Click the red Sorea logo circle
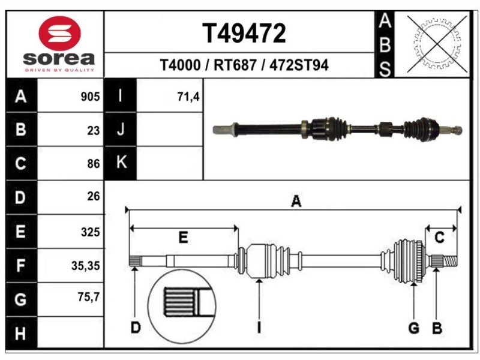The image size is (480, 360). (59, 33)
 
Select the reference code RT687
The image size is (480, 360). (236, 65)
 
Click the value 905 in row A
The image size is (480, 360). (89, 97)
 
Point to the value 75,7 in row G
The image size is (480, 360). (88, 298)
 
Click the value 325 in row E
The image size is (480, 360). (89, 232)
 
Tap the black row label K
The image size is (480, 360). (120, 162)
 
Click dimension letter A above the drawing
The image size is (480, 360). (296, 202)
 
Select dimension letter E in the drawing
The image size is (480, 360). (184, 238)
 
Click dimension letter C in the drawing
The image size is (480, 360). (439, 238)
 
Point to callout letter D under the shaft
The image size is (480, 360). (136, 328)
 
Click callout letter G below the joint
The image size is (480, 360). (413, 328)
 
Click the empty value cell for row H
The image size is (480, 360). (71, 332)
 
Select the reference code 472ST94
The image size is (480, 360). (299, 65)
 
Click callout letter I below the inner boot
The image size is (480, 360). (259, 328)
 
